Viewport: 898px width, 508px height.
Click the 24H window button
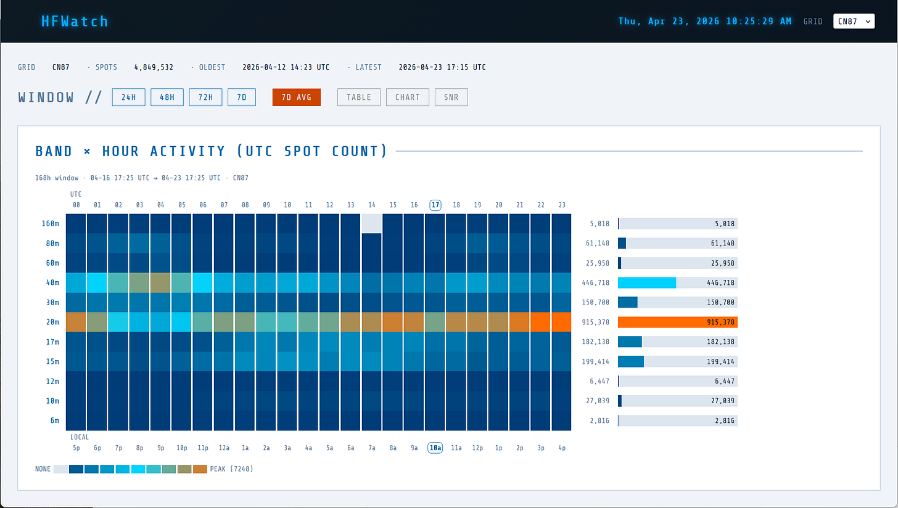point(128,97)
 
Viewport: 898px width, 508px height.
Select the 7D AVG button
point(297,97)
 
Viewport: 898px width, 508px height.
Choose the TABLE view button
point(358,97)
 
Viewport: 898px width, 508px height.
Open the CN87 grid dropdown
point(854,22)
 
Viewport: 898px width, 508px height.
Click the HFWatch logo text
point(74,22)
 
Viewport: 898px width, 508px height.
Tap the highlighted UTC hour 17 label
point(435,205)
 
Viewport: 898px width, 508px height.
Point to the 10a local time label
point(435,448)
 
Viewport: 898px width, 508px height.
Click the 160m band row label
point(51,223)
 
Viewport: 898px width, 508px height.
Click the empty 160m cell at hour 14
point(372,223)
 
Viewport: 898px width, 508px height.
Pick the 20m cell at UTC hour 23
point(561,322)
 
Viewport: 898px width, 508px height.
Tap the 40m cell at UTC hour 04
point(160,282)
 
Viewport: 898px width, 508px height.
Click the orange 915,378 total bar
point(677,322)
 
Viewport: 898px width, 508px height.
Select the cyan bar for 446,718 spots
point(646,282)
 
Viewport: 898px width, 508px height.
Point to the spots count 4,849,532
point(154,67)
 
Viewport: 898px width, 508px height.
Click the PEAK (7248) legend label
point(231,469)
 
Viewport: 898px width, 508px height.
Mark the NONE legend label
point(43,469)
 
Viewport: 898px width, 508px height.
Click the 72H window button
point(205,97)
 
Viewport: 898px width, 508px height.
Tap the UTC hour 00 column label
point(76,205)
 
